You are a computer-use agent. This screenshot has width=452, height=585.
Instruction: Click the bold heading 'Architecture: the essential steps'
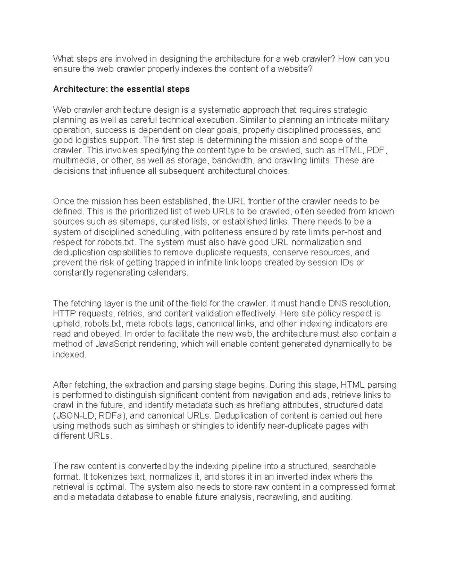[x=121, y=89]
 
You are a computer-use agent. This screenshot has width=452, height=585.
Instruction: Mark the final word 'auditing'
[x=337, y=497]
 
